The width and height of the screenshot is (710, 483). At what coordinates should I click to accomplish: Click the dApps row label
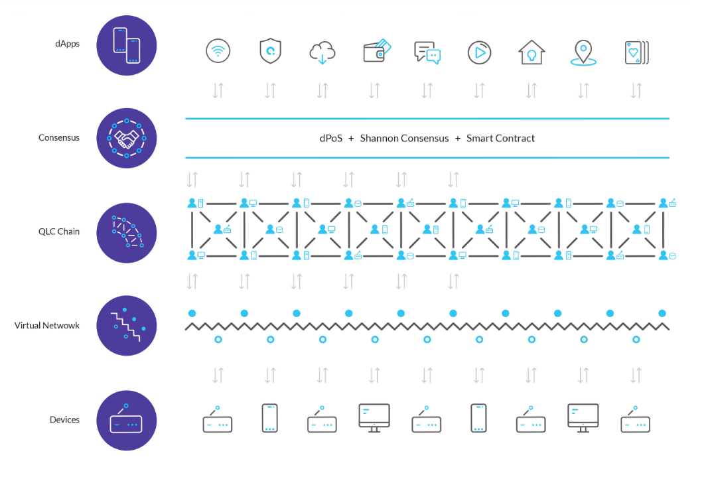pyautogui.click(x=67, y=44)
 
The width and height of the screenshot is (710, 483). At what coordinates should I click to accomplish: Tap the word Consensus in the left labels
pyautogui.click(x=59, y=138)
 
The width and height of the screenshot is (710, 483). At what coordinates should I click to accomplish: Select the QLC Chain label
pyautogui.click(x=59, y=232)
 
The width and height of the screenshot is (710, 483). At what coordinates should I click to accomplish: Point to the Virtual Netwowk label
pyautogui.click(x=47, y=325)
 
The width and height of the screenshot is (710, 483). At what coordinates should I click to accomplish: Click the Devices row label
pyautogui.click(x=64, y=419)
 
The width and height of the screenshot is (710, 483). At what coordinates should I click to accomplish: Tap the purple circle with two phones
pyautogui.click(x=127, y=45)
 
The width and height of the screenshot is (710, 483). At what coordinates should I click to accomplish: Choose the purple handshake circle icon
pyautogui.click(x=127, y=138)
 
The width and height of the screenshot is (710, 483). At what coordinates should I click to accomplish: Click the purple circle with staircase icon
pyautogui.click(x=127, y=325)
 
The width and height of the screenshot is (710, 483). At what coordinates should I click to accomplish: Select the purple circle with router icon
pyautogui.click(x=127, y=420)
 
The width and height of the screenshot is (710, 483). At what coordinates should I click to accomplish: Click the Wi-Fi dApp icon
pyautogui.click(x=218, y=51)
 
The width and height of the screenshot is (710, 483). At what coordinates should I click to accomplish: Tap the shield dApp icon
pyautogui.click(x=270, y=51)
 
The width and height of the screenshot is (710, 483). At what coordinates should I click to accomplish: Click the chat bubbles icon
pyautogui.click(x=427, y=52)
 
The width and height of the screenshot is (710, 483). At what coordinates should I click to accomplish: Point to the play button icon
pyautogui.click(x=479, y=52)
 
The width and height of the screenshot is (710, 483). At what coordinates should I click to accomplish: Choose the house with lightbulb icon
pyautogui.click(x=532, y=52)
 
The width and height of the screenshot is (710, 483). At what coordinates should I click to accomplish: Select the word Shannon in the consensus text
pyautogui.click(x=380, y=139)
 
